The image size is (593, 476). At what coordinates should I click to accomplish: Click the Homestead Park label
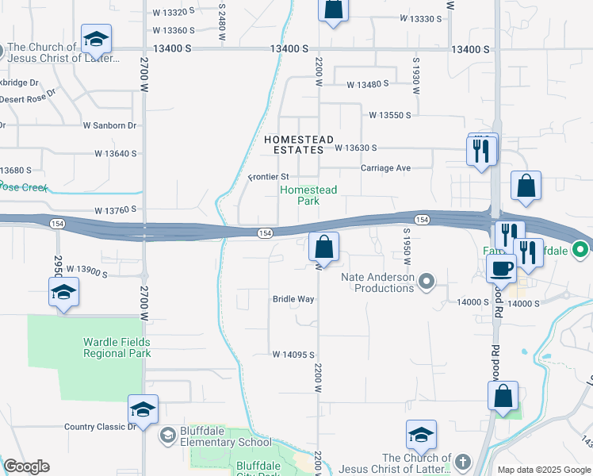[x=308, y=195]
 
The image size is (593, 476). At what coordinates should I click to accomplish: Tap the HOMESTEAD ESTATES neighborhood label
[x=298, y=144]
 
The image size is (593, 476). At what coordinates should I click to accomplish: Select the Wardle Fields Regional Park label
[x=117, y=347]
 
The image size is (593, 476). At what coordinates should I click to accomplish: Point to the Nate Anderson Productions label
[x=378, y=282]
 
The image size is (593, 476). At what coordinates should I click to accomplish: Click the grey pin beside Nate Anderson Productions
[x=427, y=280]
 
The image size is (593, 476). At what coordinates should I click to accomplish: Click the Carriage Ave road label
[x=385, y=168]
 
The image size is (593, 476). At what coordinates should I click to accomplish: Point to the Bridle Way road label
[x=293, y=299]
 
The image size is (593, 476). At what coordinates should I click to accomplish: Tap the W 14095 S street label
[x=294, y=355]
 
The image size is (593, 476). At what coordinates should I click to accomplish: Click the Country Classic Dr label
[x=101, y=427]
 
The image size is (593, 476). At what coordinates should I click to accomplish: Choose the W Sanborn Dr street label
[x=110, y=125]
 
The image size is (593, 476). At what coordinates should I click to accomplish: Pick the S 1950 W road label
[x=406, y=247]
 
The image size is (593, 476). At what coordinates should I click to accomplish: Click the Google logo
[x=26, y=466]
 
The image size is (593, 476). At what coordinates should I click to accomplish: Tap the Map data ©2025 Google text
[x=543, y=470]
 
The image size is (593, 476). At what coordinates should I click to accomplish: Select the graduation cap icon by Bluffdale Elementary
[x=143, y=409]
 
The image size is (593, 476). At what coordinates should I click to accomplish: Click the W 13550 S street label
[x=390, y=115]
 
